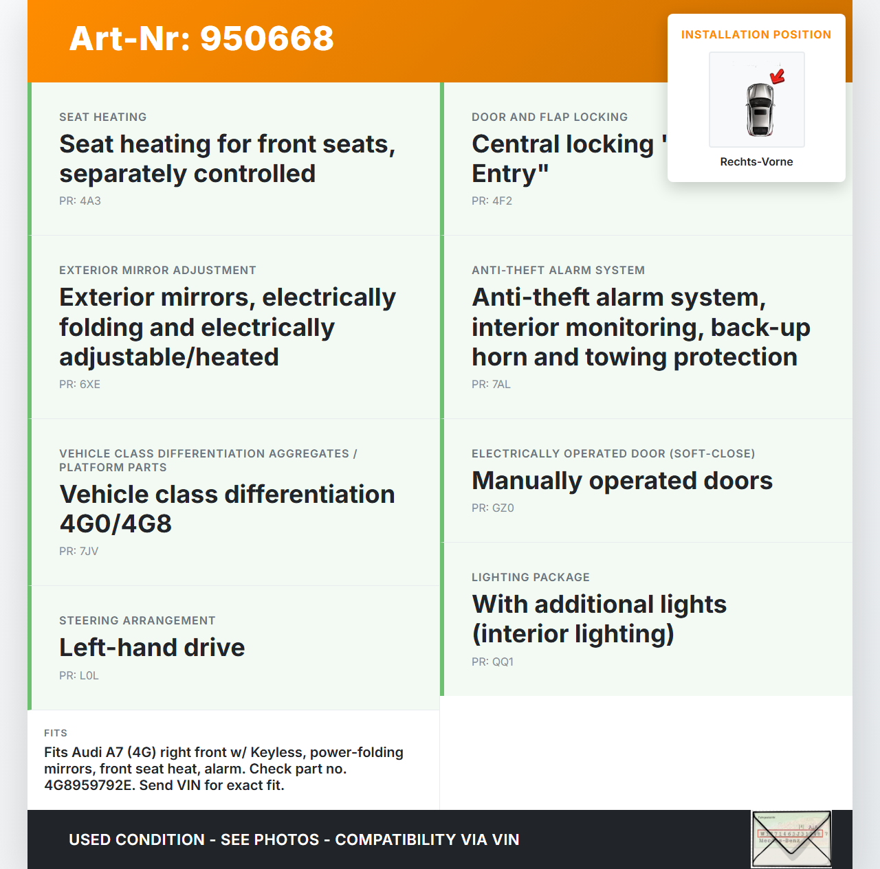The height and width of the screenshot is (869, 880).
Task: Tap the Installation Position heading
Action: [756, 34]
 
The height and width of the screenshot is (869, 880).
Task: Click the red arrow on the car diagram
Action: [778, 76]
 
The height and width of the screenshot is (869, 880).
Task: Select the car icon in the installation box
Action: [760, 110]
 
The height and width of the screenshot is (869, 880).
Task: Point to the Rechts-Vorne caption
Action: [756, 162]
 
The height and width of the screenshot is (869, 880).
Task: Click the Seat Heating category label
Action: [103, 117]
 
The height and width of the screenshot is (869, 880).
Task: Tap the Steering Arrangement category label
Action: [137, 621]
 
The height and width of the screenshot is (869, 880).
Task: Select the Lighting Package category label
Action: [531, 578]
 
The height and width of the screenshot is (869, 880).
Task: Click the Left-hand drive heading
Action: [152, 648]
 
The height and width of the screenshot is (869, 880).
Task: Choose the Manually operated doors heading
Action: [622, 481]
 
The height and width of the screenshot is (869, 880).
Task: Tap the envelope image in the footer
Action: [791, 839]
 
